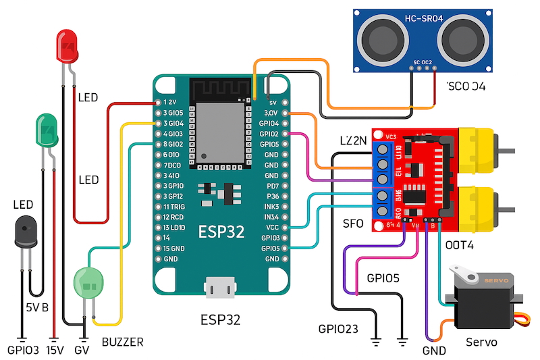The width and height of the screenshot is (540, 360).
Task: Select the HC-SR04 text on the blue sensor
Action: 423,18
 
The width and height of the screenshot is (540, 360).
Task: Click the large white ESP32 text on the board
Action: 221,232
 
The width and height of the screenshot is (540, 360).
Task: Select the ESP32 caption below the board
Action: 219,319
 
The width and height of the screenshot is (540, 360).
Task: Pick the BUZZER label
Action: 122,342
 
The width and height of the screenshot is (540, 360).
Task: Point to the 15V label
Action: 54,351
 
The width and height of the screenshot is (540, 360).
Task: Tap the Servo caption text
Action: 481,342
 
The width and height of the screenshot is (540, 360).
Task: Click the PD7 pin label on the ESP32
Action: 273,185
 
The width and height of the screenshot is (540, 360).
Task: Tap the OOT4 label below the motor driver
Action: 459,245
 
